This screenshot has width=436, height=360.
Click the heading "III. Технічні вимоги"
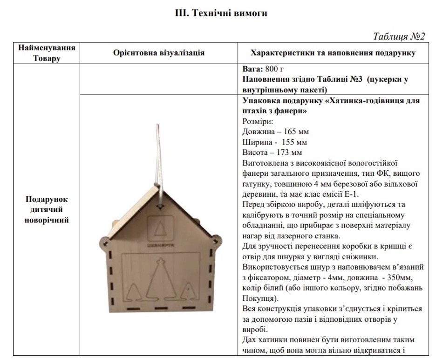221,14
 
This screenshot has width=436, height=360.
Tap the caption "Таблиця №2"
399,36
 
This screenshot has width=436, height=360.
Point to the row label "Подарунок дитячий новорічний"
47,210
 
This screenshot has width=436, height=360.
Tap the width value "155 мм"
293,142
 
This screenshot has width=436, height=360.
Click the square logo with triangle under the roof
160,228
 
